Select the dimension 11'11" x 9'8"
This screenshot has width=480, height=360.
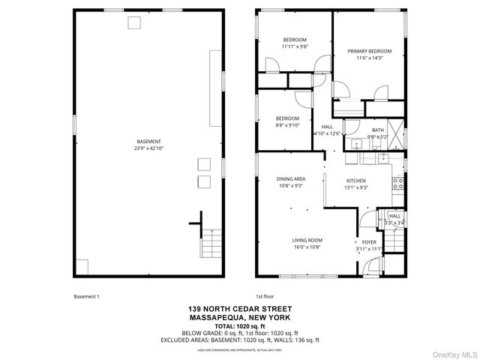point(294,46)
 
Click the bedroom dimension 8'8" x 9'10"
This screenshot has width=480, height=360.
point(287,125)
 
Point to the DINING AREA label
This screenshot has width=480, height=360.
point(290,178)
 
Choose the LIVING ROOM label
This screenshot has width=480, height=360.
point(307,240)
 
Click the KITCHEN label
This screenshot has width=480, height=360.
point(355,181)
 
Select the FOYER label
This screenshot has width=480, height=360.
point(369,242)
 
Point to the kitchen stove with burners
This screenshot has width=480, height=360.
point(398,181)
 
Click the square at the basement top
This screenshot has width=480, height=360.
point(134,22)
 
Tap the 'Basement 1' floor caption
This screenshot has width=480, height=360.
point(86,296)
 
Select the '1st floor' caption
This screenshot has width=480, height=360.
point(265,296)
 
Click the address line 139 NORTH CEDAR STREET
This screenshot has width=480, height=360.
point(240,309)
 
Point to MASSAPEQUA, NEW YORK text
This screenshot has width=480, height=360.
point(240,317)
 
